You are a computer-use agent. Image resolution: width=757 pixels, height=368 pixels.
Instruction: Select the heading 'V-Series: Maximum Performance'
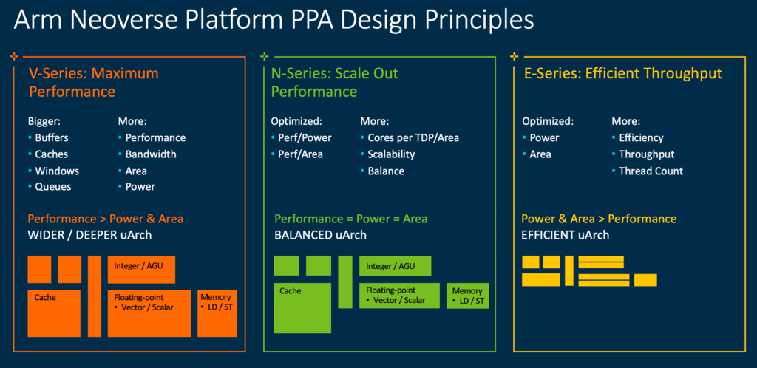[93, 82]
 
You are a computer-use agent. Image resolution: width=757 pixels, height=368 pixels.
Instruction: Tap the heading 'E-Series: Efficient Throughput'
[622, 73]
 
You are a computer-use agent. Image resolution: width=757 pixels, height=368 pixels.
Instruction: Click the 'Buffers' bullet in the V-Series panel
[53, 137]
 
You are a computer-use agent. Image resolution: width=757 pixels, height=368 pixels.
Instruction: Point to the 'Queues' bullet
[53, 186]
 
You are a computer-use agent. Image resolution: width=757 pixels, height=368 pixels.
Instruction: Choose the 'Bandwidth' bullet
[151, 154]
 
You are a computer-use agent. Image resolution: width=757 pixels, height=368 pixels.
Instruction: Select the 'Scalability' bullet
[391, 154]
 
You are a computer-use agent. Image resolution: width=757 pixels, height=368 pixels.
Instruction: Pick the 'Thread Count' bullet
[651, 171]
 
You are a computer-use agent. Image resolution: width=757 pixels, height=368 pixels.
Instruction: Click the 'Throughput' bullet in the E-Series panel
[646, 154]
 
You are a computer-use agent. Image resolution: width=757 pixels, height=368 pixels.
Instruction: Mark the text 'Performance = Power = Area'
[350, 219]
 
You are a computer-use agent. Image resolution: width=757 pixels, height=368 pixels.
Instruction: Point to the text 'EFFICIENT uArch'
[566, 235]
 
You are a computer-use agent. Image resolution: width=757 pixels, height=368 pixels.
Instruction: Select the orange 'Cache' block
[54, 313]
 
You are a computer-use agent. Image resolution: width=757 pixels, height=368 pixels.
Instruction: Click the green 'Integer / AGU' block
[395, 266]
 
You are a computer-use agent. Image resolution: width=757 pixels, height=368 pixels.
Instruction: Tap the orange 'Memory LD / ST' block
[217, 313]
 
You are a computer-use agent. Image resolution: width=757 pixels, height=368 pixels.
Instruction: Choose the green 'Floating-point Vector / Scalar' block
[400, 296]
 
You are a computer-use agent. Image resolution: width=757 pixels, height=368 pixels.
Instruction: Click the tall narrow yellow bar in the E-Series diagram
[568, 270]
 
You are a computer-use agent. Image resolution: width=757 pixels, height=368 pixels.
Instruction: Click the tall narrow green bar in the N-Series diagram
[345, 282]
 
